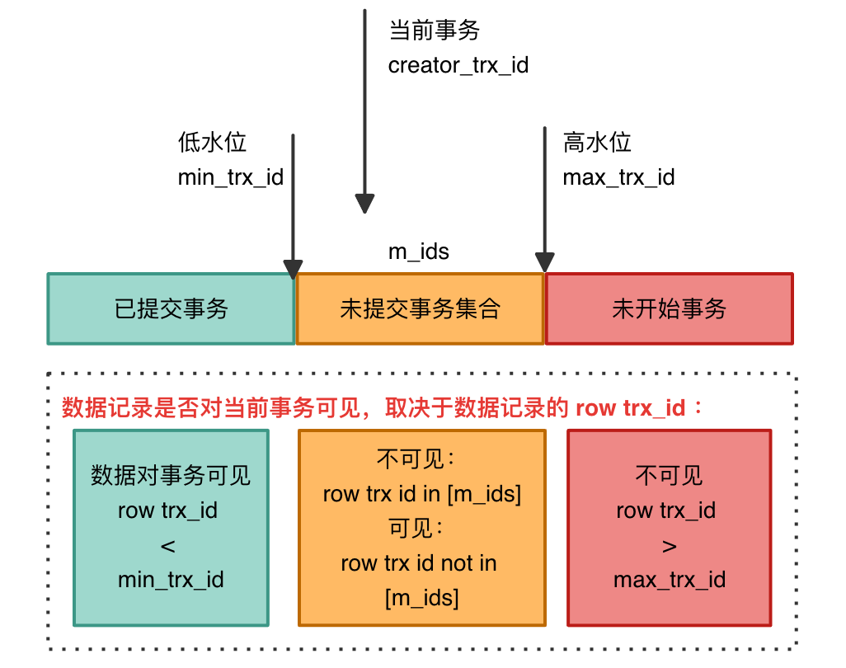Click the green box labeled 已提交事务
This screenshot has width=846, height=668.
(x=171, y=309)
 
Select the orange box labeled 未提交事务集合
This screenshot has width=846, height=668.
(x=420, y=309)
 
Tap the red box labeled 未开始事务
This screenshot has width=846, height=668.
(x=669, y=309)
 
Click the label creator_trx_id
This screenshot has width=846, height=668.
(x=458, y=66)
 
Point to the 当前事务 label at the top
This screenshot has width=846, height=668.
(x=434, y=31)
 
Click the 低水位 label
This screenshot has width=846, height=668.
(x=212, y=143)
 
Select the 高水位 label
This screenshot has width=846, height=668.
(x=597, y=143)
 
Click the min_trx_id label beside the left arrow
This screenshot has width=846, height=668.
(x=230, y=177)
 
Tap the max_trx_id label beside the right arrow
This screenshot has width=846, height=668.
(x=618, y=177)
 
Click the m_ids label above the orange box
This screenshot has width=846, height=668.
(x=419, y=252)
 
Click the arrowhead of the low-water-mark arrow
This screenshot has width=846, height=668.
(x=293, y=269)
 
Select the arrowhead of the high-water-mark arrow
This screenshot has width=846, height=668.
(x=544, y=262)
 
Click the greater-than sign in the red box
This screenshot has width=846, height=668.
(x=669, y=545)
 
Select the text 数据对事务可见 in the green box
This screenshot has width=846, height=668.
(x=171, y=476)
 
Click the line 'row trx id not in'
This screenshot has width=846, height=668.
(x=419, y=563)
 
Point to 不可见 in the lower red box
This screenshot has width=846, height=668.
(x=669, y=476)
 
